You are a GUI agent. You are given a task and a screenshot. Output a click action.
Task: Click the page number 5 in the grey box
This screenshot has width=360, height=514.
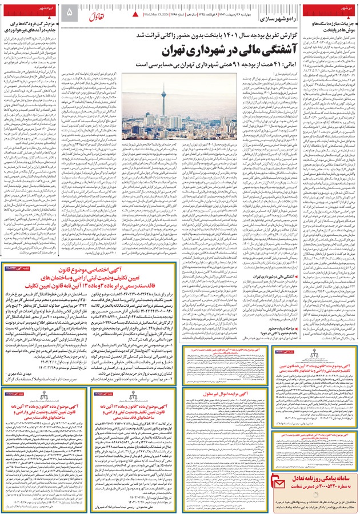pyautogui.click(x=70, y=11)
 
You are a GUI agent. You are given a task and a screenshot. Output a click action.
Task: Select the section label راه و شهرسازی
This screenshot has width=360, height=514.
pyautogui.click(x=282, y=19)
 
